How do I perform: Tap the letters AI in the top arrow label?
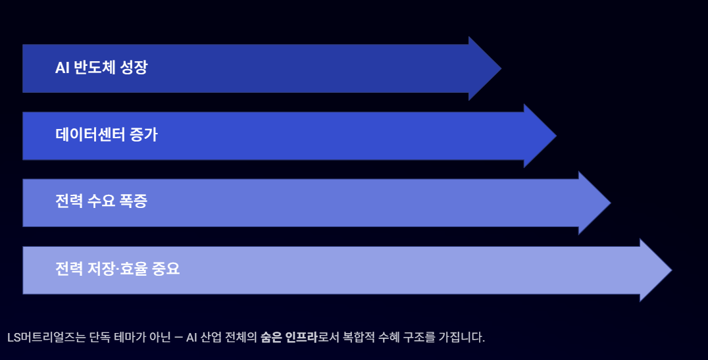coord(63,68)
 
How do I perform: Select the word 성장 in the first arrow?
coord(134,68)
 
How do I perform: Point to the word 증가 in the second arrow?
coord(144,135)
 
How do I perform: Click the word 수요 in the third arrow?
coord(102,202)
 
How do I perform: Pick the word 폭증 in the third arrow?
coord(134,202)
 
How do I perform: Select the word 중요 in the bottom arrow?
coord(165,269)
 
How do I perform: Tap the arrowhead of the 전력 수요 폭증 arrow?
coord(596,203)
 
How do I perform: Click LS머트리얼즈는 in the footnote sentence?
coord(43,338)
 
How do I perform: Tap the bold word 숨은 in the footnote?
coord(270,338)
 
